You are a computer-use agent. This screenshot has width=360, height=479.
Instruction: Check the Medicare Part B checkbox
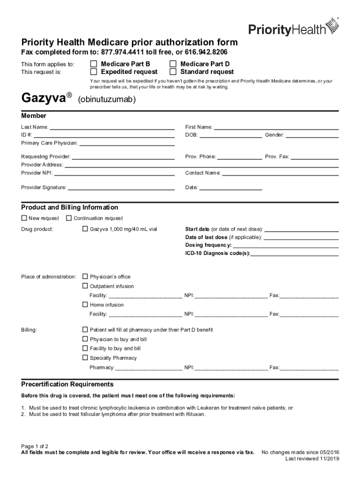point(94,64)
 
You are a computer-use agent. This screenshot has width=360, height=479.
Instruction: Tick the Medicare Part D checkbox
point(173,64)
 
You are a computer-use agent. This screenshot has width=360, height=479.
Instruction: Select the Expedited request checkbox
point(94,72)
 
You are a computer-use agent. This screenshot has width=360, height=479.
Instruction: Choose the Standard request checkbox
point(173,72)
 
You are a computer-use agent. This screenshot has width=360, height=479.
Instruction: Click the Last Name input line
point(112,128)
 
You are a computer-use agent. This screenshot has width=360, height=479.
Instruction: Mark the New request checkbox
point(24,218)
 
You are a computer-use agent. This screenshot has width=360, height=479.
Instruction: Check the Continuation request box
point(69,218)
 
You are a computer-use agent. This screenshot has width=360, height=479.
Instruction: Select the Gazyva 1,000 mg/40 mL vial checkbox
point(85,229)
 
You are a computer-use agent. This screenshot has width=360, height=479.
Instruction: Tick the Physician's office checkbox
point(85,276)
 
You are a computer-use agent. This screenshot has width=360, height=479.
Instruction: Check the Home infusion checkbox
point(85,305)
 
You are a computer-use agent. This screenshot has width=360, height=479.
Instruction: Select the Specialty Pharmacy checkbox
point(85,358)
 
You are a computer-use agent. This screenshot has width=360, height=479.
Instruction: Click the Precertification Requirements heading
point(67,385)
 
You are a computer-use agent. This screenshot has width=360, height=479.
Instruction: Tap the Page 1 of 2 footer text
point(35,446)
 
